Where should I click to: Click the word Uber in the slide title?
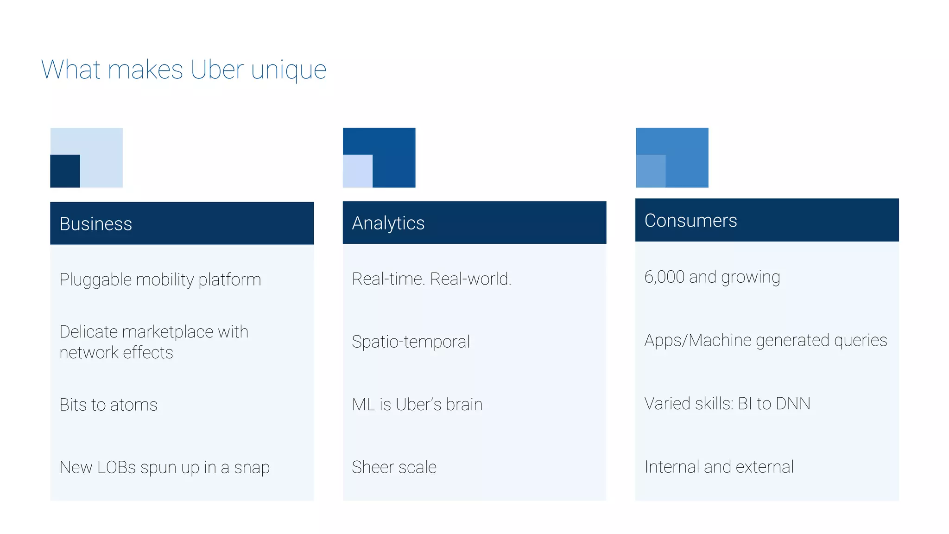pyautogui.click(x=217, y=70)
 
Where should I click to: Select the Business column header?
pyautogui.click(x=96, y=224)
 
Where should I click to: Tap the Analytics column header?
pyautogui.click(x=388, y=223)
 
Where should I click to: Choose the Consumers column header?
pyautogui.click(x=690, y=221)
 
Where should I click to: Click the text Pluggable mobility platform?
pyautogui.click(x=160, y=280)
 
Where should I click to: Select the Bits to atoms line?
pyautogui.click(x=108, y=405)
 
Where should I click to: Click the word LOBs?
pyautogui.click(x=116, y=467)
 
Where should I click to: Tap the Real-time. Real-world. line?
pyautogui.click(x=431, y=279)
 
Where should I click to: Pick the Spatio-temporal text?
pyautogui.click(x=411, y=342)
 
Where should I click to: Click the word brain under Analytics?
pyautogui.click(x=464, y=405)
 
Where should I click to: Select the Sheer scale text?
pyautogui.click(x=394, y=467)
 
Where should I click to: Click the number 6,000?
pyautogui.click(x=664, y=277)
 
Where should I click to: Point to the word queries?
pyautogui.click(x=860, y=341)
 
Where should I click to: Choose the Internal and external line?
pyautogui.click(x=719, y=467)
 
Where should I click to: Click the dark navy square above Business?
pyautogui.click(x=65, y=171)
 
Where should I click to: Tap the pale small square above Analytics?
pyautogui.click(x=357, y=171)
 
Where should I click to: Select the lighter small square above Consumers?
pyautogui.click(x=651, y=171)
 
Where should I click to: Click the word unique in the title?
pyautogui.click(x=289, y=70)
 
